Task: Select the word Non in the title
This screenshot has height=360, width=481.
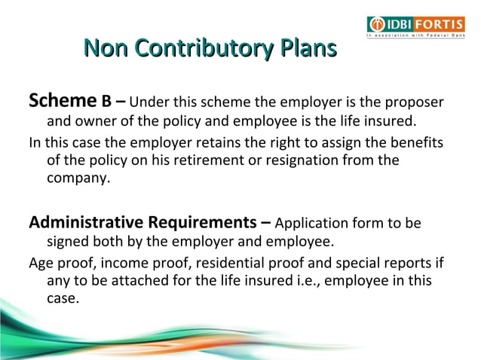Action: pos(106,50)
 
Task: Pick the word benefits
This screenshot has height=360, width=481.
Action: pos(413,142)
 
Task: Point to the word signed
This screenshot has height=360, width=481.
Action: pos(69,243)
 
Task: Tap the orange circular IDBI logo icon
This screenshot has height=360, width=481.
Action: pos(376,23)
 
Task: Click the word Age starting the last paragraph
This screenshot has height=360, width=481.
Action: pos(41,263)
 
